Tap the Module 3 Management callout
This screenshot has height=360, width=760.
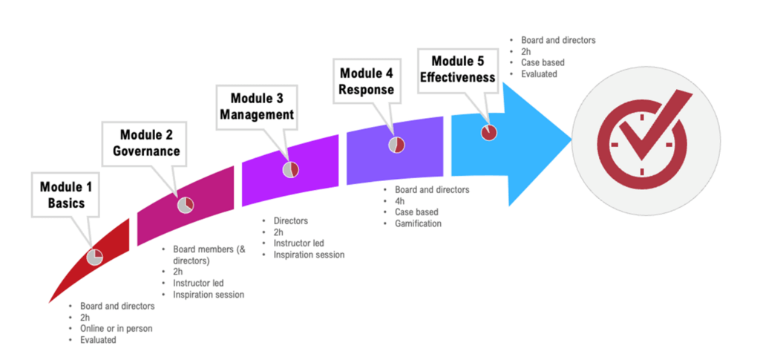point(257,106)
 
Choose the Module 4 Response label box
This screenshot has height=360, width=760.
point(366,81)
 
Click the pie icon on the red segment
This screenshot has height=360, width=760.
point(94,257)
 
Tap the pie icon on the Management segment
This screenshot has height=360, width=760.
point(290,169)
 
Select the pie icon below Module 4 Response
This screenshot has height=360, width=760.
point(396,145)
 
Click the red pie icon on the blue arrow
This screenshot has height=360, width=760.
point(489,132)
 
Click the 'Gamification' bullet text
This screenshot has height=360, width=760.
point(418,223)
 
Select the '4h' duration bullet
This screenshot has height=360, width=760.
point(400,201)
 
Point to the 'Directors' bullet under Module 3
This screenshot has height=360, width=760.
point(291,220)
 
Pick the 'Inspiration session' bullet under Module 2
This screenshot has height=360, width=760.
point(209,295)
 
